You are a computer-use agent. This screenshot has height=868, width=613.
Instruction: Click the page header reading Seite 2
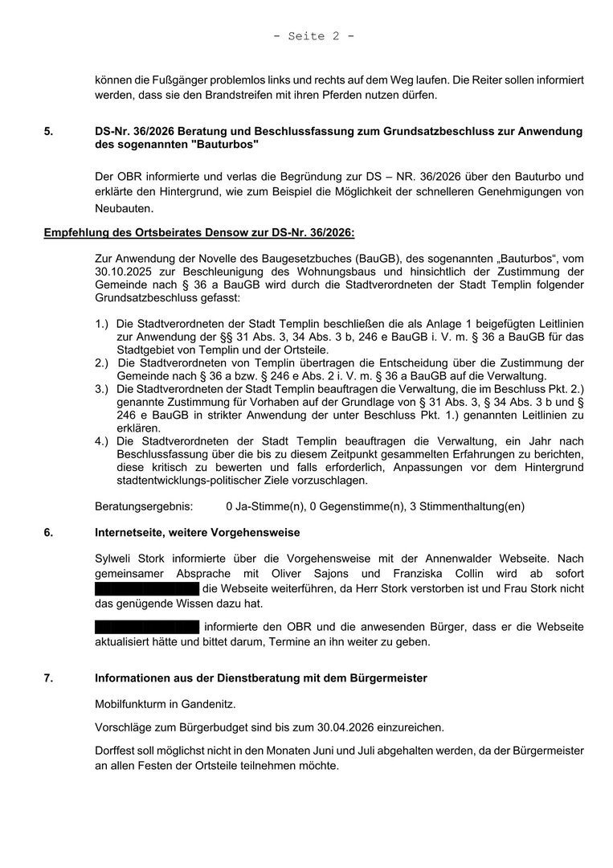coord(313,36)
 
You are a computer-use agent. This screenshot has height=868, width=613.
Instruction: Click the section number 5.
coord(47,130)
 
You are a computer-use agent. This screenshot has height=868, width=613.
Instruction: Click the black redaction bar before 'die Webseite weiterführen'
coord(146,589)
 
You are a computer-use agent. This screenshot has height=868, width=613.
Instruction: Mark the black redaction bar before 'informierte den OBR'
coord(146,626)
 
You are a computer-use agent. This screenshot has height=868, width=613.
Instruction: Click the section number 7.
coord(47,678)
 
